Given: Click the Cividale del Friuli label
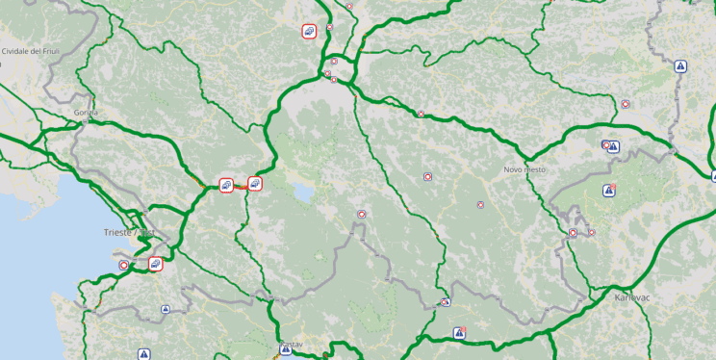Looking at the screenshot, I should (34, 50).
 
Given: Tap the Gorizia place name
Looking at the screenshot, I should (86, 113).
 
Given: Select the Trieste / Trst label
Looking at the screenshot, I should (128, 233).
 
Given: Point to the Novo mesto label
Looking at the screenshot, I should (524, 169).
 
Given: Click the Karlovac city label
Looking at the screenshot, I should (633, 297).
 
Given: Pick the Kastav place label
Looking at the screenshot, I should (291, 344).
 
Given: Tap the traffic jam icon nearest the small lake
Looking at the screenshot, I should (255, 183).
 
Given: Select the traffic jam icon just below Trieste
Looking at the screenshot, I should (156, 263).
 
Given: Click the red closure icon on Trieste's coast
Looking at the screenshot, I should (123, 265).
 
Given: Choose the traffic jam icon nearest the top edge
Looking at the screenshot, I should (309, 31).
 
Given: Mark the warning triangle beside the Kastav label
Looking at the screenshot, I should (286, 350).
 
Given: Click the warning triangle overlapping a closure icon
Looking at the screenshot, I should (613, 147).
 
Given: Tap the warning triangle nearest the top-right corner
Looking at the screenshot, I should (680, 66).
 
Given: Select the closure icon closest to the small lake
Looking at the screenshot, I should (361, 215).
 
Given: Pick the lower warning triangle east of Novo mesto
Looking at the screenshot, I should (608, 191).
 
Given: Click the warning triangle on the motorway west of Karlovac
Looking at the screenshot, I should (460, 333).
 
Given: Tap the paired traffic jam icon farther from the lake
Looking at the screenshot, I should (225, 184).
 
